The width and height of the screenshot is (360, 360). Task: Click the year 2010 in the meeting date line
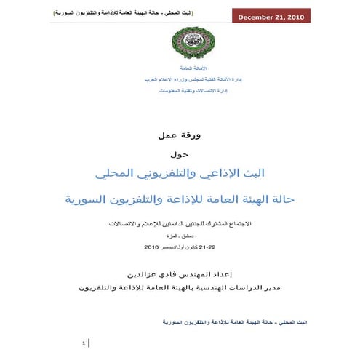[x=151, y=247]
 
